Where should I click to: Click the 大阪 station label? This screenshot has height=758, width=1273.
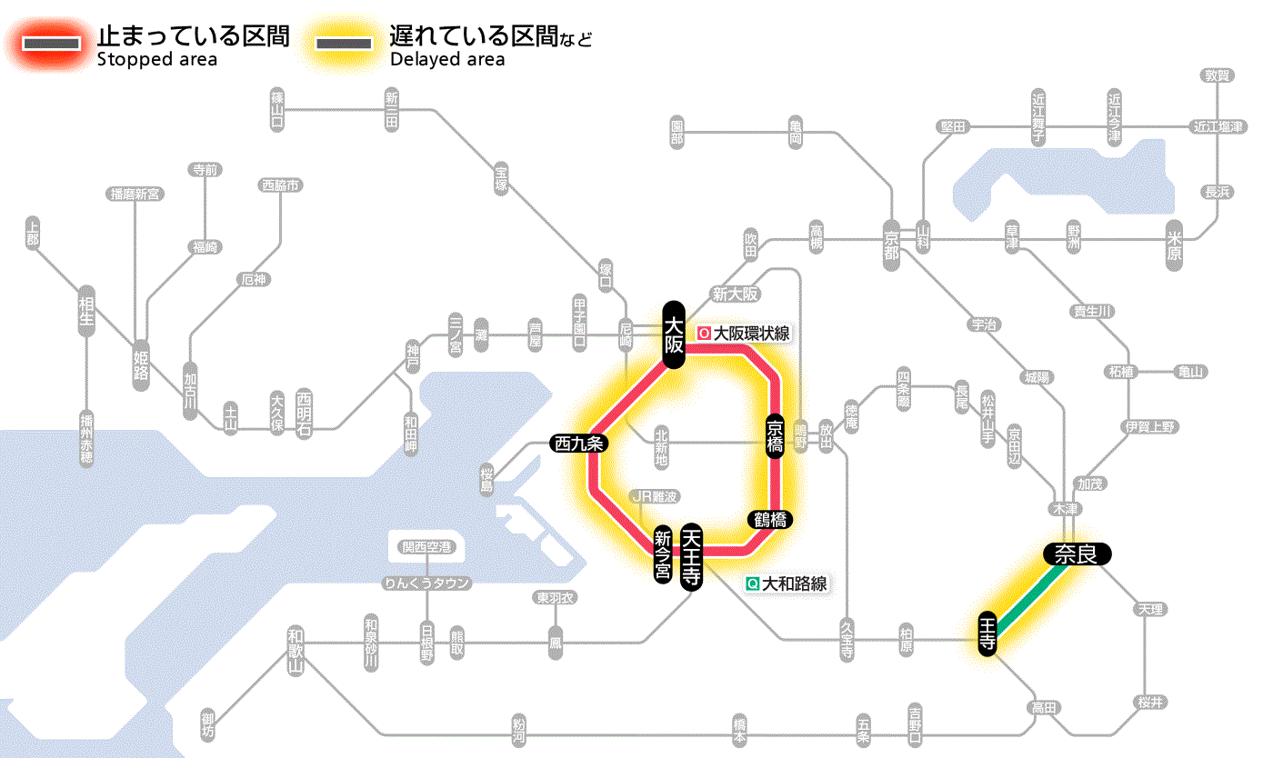click(673, 334)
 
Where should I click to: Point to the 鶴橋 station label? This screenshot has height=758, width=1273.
click(769, 520)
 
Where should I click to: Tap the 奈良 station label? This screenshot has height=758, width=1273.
click(1077, 554)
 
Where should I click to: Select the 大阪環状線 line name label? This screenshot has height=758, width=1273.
click(751, 334)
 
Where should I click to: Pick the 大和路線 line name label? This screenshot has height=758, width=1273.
click(795, 584)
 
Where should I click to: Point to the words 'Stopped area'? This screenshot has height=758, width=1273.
click(156, 60)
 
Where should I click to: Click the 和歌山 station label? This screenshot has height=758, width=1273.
click(296, 651)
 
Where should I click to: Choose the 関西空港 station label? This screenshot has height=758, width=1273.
click(426, 547)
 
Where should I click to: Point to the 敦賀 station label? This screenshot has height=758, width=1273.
click(1218, 75)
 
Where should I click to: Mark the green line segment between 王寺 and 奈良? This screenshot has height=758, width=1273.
click(1030, 593)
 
